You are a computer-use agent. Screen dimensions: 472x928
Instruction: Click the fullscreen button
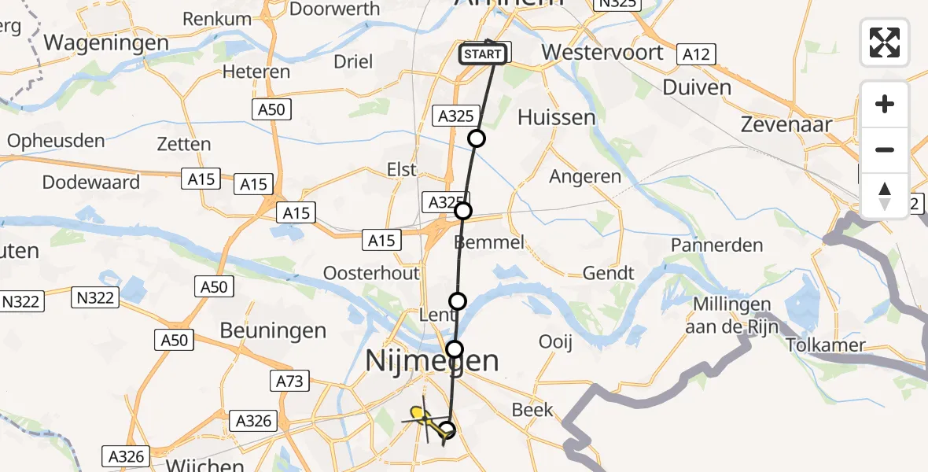pos(885,42)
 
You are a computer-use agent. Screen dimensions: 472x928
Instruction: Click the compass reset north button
pos(885,196)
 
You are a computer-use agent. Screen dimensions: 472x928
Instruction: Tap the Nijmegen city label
pos(432,361)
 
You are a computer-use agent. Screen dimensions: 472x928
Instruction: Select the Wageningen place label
pos(106,42)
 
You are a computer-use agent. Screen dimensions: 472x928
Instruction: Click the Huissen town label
pos(556,117)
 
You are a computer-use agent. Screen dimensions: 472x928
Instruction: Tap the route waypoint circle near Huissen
pos(477,139)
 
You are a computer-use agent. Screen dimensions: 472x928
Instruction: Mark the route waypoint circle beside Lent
pos(457,301)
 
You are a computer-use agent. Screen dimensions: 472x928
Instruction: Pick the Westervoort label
pos(602,53)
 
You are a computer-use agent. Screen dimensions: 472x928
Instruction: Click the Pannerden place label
pos(716,245)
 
